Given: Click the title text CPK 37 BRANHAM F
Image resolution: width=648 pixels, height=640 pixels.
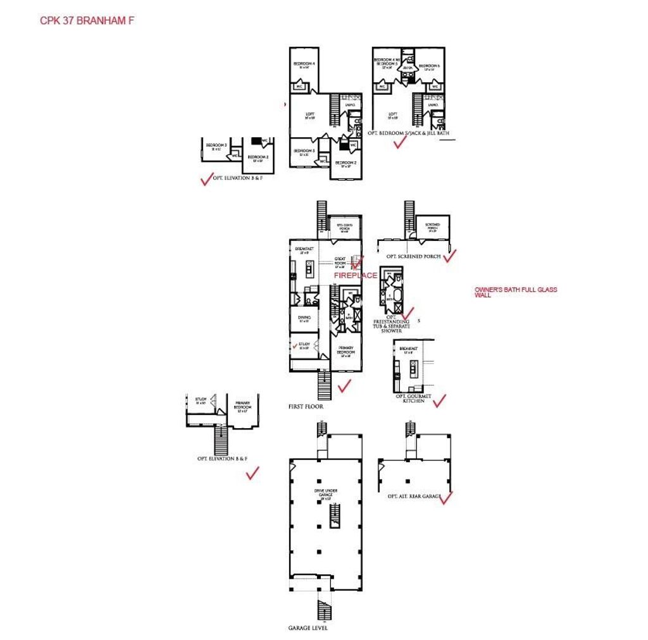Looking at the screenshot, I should point(87,20).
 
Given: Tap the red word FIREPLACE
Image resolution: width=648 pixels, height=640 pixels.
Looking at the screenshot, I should point(356,276).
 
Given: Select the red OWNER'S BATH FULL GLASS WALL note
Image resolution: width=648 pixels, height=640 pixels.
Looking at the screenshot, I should point(516,292).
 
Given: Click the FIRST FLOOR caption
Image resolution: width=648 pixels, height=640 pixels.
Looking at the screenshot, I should point(305,407).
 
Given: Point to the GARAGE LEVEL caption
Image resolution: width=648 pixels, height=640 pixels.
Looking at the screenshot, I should point(308,628).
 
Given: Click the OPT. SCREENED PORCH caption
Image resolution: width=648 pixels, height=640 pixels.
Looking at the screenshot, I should point(413,256).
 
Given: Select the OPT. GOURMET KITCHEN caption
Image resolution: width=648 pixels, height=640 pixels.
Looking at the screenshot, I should point(413,398).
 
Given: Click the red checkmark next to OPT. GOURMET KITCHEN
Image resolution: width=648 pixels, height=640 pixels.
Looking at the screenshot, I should point(439,400).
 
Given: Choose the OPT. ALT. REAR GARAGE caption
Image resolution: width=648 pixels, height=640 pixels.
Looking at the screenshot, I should point(414,496).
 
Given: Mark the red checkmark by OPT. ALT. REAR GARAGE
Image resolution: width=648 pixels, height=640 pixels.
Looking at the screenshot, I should point(445,498).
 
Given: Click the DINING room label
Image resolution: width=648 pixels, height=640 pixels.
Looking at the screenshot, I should point(304,319).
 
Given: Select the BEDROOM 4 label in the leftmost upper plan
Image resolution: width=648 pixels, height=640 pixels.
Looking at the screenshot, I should point(304,65).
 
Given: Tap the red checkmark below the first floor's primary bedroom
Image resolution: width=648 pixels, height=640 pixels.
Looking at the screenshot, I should point(345,386).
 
